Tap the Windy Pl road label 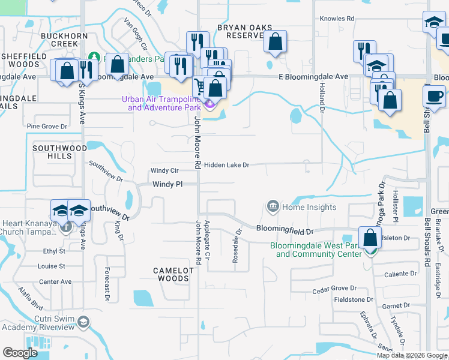tap(167, 185)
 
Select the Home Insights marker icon tap(273, 208)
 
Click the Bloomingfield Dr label tap(285, 230)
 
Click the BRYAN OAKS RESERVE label tap(244, 32)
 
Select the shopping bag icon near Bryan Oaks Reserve tap(275, 42)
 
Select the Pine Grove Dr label tap(47, 127)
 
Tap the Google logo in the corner tap(20, 353)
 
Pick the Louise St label tap(52, 266)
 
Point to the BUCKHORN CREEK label tap(60, 40)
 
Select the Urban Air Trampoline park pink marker tap(209, 105)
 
